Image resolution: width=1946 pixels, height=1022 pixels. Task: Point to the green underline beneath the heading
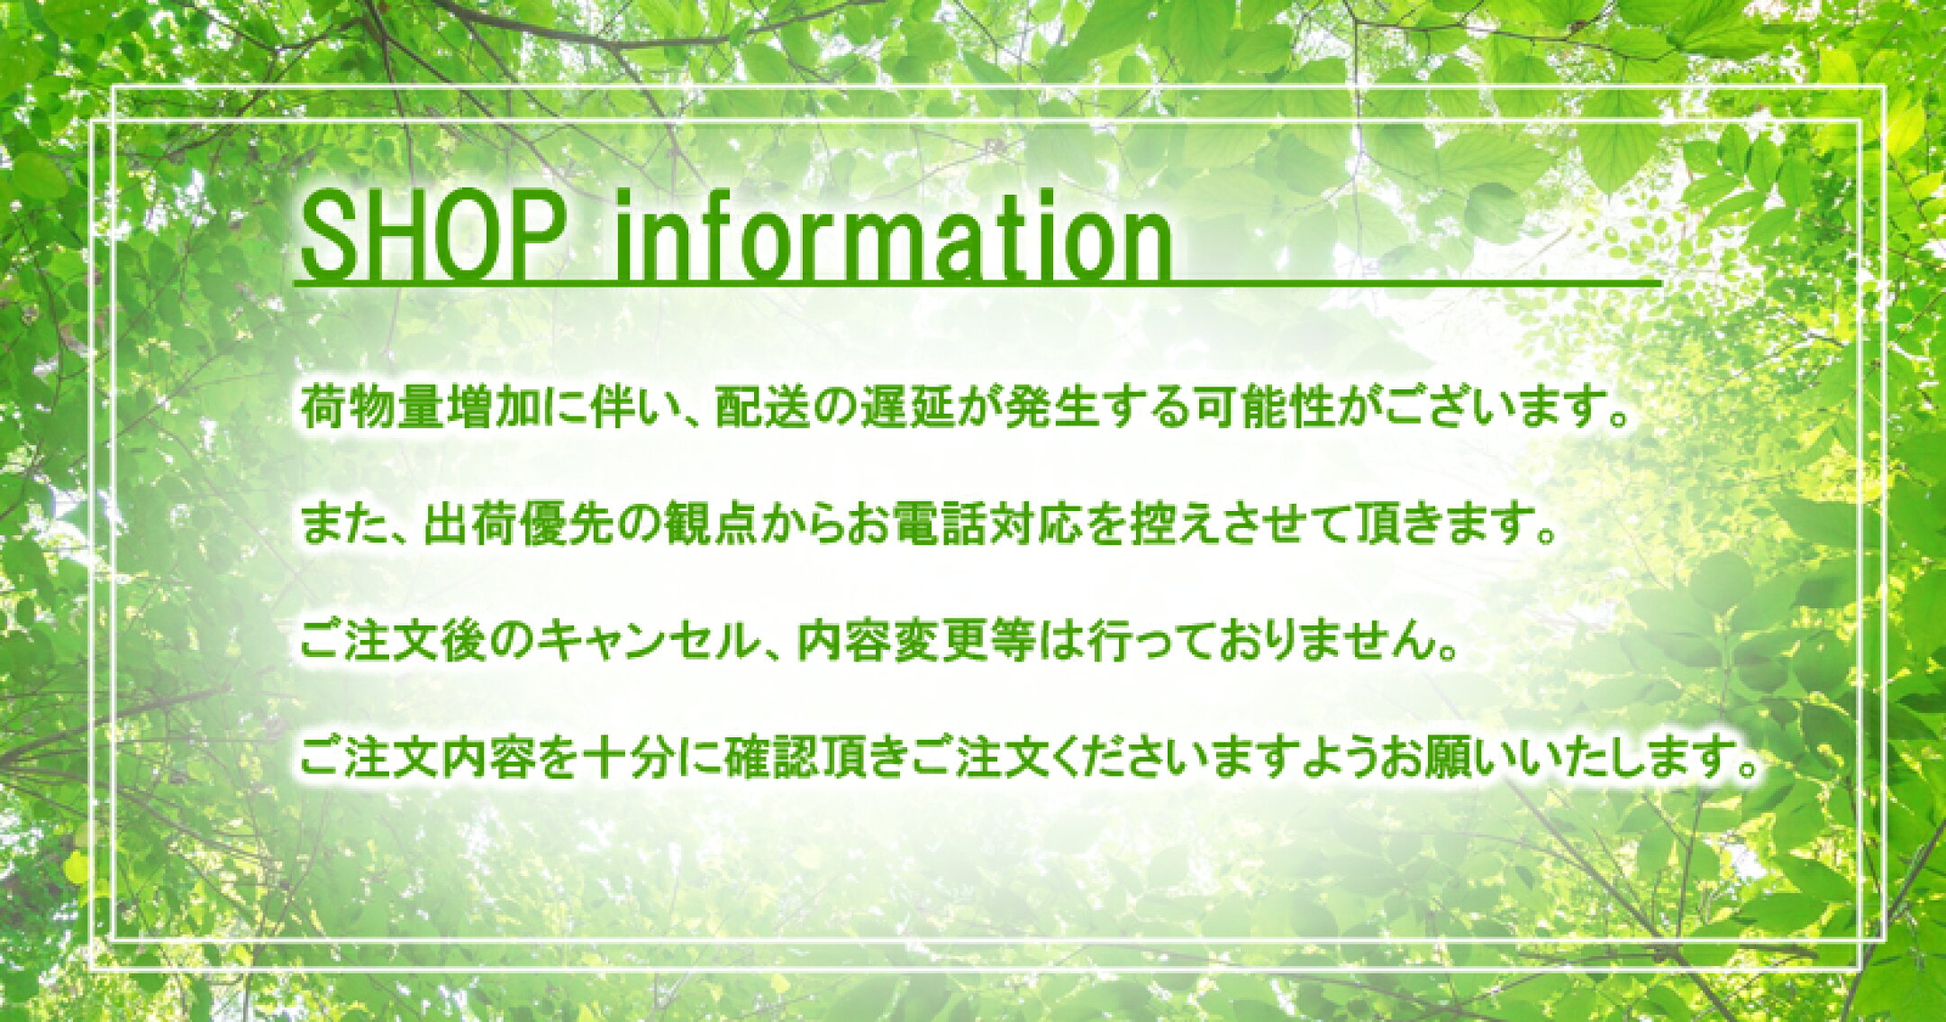(979, 285)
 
